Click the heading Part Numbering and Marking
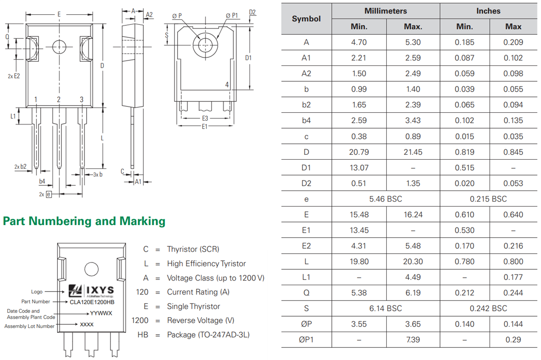click(x=84, y=221)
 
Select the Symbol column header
click(x=306, y=18)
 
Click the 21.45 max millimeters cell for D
click(x=413, y=152)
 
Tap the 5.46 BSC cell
click(x=385, y=199)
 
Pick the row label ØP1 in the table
click(x=306, y=340)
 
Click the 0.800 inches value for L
click(x=513, y=262)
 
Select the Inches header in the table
click(x=488, y=11)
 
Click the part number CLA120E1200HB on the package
click(x=92, y=302)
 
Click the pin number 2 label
click(x=59, y=100)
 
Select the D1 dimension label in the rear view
click(x=248, y=58)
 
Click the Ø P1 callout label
click(x=232, y=16)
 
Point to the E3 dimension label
click(x=205, y=118)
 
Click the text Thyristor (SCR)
click(x=193, y=249)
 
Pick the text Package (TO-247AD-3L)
click(x=208, y=335)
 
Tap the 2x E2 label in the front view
click(x=14, y=76)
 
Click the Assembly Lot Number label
click(x=30, y=326)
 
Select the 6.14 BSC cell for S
click(x=385, y=309)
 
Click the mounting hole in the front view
click(x=59, y=46)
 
